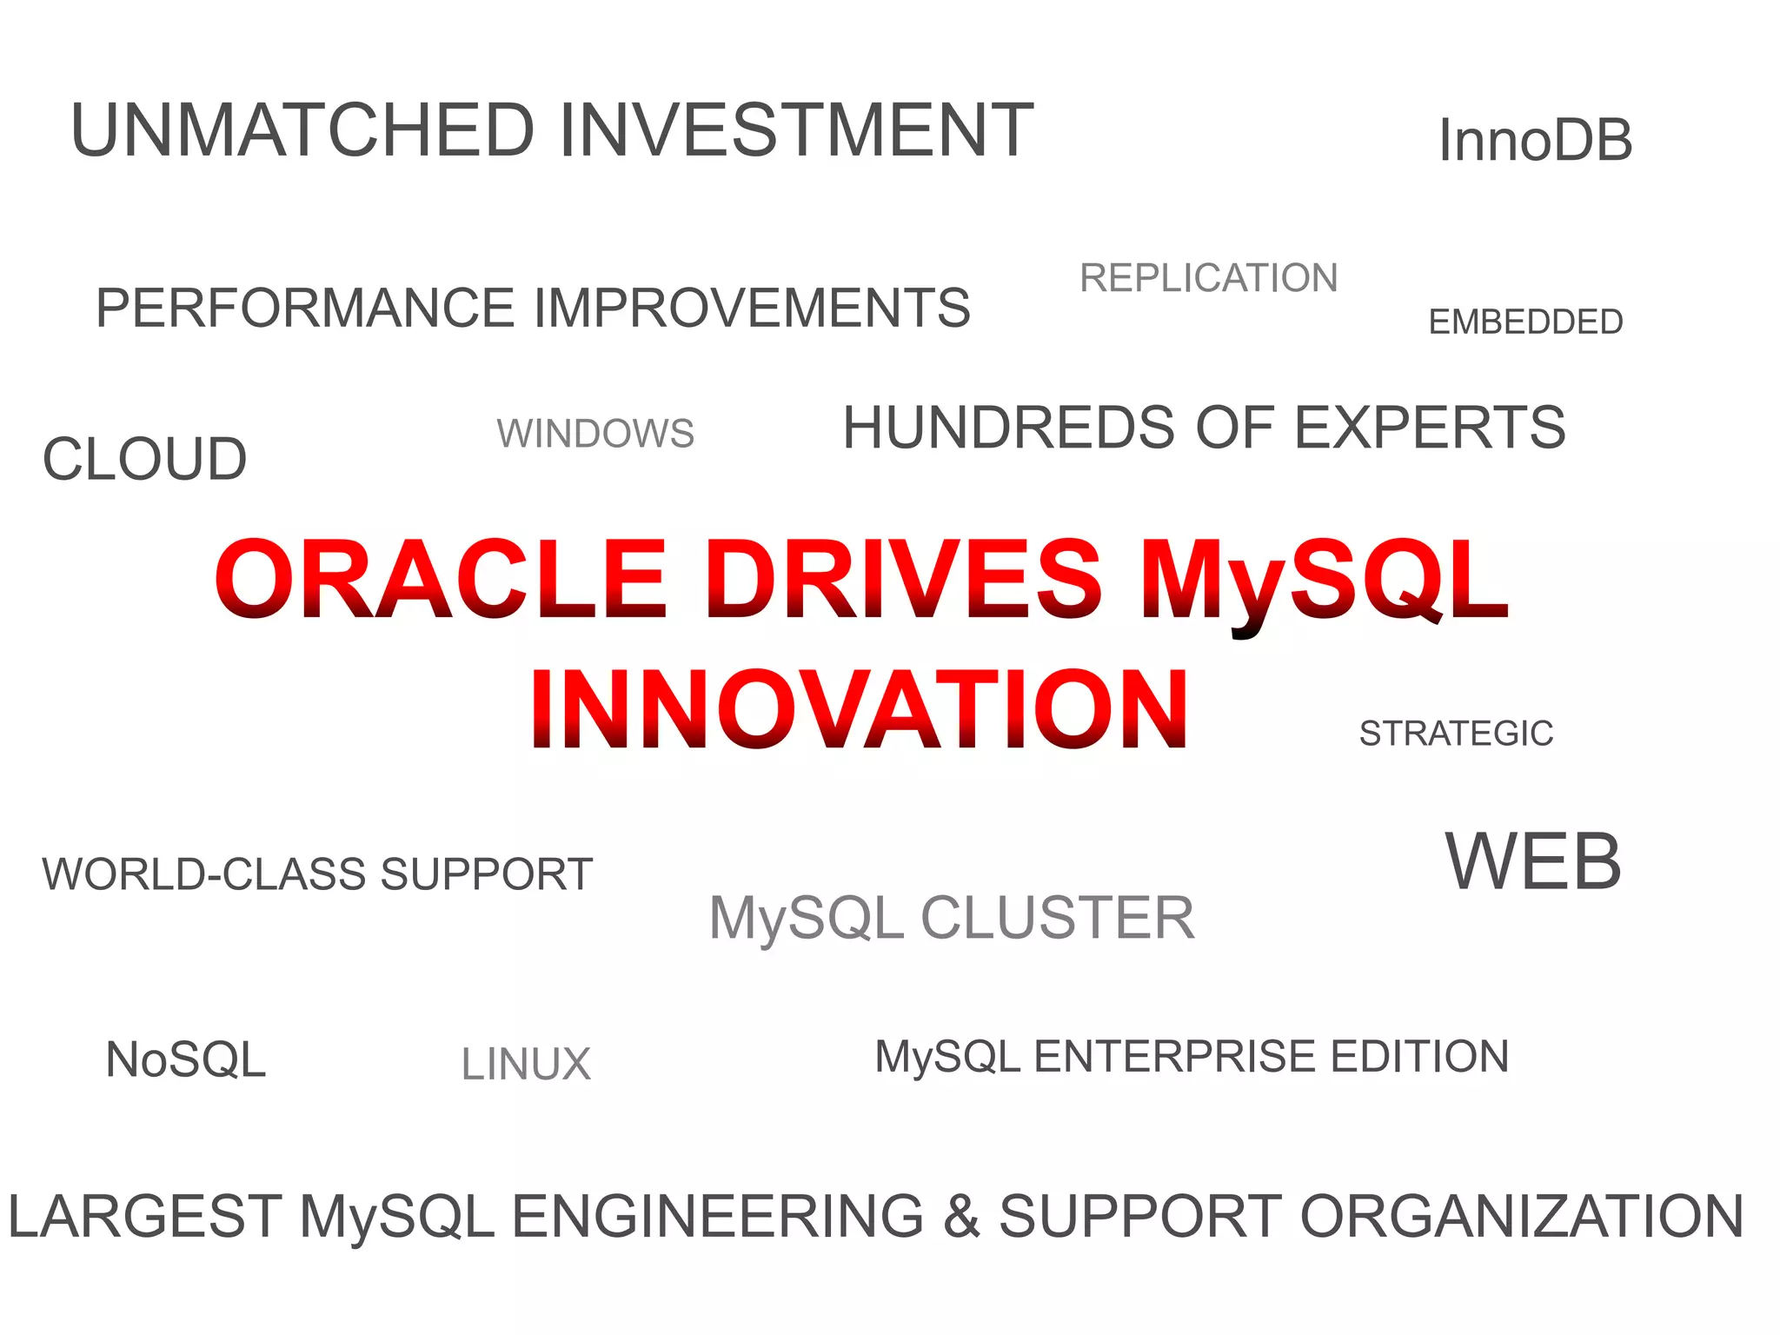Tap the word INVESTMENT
[x=796, y=130]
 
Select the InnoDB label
[x=1536, y=141]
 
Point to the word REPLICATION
[x=1208, y=278]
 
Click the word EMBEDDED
[x=1525, y=322]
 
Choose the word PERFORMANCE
[x=305, y=309]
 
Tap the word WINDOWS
[x=595, y=434]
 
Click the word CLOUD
[x=145, y=459]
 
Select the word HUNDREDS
[x=1009, y=428]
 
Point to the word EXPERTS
[x=1430, y=428]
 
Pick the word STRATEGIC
[x=1456, y=734]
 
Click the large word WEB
[x=1533, y=862]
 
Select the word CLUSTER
[x=1057, y=919]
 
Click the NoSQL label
[x=185, y=1060]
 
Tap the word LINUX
[x=526, y=1065]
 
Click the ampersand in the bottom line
[x=961, y=1217]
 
